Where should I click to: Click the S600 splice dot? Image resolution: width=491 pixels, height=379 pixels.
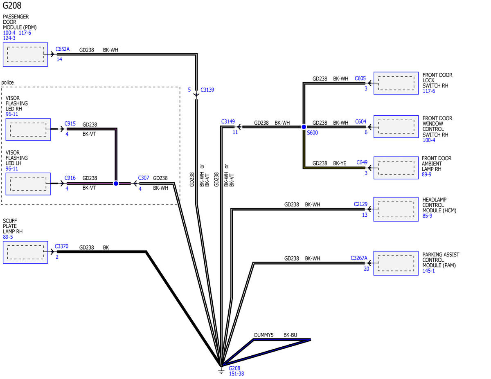[304, 127]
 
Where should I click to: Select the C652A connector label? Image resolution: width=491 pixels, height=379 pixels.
[63, 49]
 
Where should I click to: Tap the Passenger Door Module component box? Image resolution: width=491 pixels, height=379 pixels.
[25, 54]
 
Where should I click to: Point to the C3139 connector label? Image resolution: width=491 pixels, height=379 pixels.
[207, 90]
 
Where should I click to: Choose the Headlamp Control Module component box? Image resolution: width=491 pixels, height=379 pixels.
[396, 209]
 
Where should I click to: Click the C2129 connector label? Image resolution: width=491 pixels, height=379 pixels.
[360, 204]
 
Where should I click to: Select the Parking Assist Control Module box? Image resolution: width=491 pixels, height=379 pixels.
[396, 263]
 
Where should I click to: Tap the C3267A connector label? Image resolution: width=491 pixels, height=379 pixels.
[359, 258]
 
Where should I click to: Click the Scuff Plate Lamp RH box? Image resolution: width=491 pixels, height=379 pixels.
[25, 252]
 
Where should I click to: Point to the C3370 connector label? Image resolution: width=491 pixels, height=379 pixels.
[61, 247]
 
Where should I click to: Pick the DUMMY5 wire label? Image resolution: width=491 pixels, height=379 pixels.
[264, 335]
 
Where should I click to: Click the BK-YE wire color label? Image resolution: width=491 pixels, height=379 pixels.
[340, 163]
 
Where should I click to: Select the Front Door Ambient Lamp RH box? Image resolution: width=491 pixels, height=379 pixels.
[396, 167]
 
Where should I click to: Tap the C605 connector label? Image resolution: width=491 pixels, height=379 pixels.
[360, 78]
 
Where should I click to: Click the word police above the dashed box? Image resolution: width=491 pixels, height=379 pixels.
[7, 83]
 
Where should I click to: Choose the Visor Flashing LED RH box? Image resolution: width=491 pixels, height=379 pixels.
[28, 129]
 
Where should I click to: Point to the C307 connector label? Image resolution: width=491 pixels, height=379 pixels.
[144, 178]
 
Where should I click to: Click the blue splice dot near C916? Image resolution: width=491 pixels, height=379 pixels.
[116, 184]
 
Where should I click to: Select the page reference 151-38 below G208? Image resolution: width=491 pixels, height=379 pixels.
[236, 374]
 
